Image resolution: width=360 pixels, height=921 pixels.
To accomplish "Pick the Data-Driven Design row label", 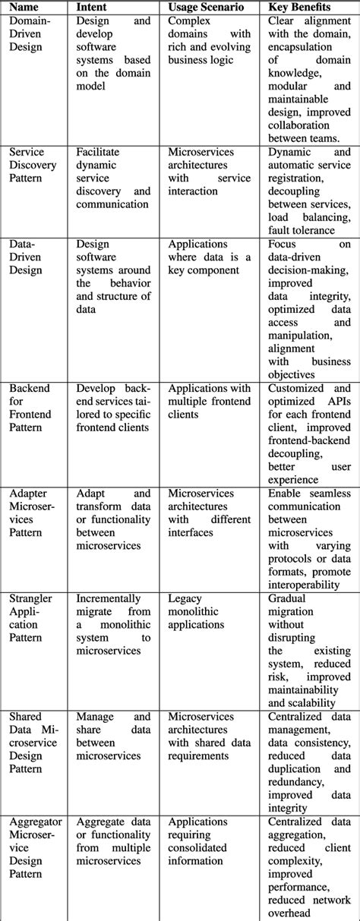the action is tap(29, 257).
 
